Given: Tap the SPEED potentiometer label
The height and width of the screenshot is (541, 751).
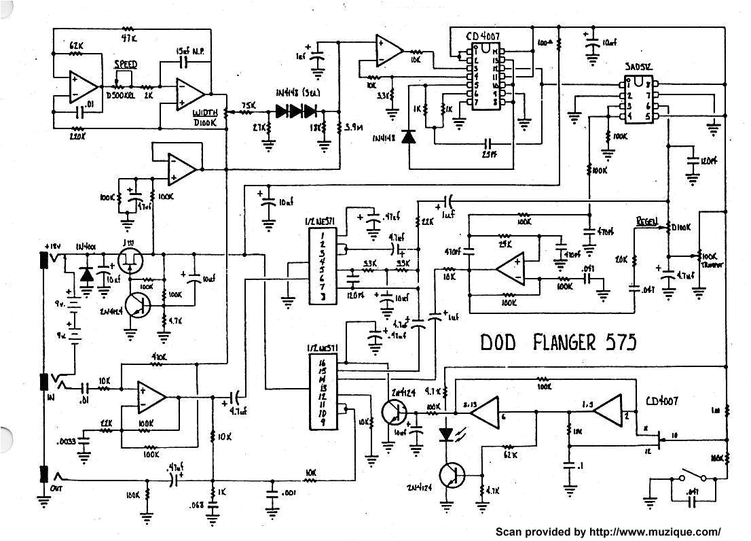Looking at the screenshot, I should coord(125,65).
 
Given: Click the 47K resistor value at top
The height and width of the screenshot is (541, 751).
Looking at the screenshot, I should coord(128,39).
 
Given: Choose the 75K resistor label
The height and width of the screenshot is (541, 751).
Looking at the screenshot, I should coord(249,105).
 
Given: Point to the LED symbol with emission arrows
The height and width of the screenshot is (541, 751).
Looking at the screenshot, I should coord(446,433).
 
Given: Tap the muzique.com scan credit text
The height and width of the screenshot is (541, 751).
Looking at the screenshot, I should coord(608,531).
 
